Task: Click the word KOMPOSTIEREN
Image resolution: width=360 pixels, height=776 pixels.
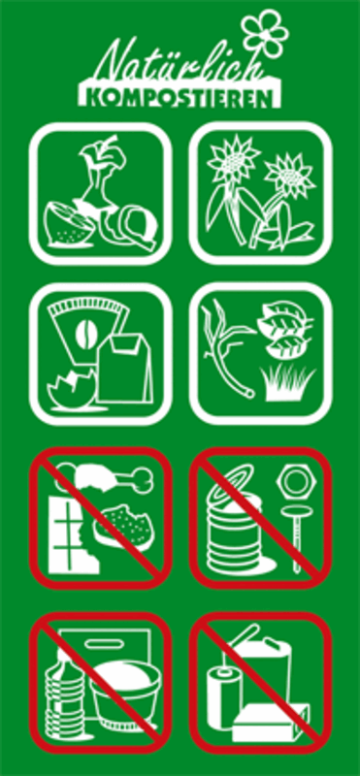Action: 180,98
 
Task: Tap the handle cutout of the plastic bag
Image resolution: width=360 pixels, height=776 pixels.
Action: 103,643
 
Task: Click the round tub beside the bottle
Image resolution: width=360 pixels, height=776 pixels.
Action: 126,694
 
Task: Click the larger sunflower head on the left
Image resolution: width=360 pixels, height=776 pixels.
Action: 231,159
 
